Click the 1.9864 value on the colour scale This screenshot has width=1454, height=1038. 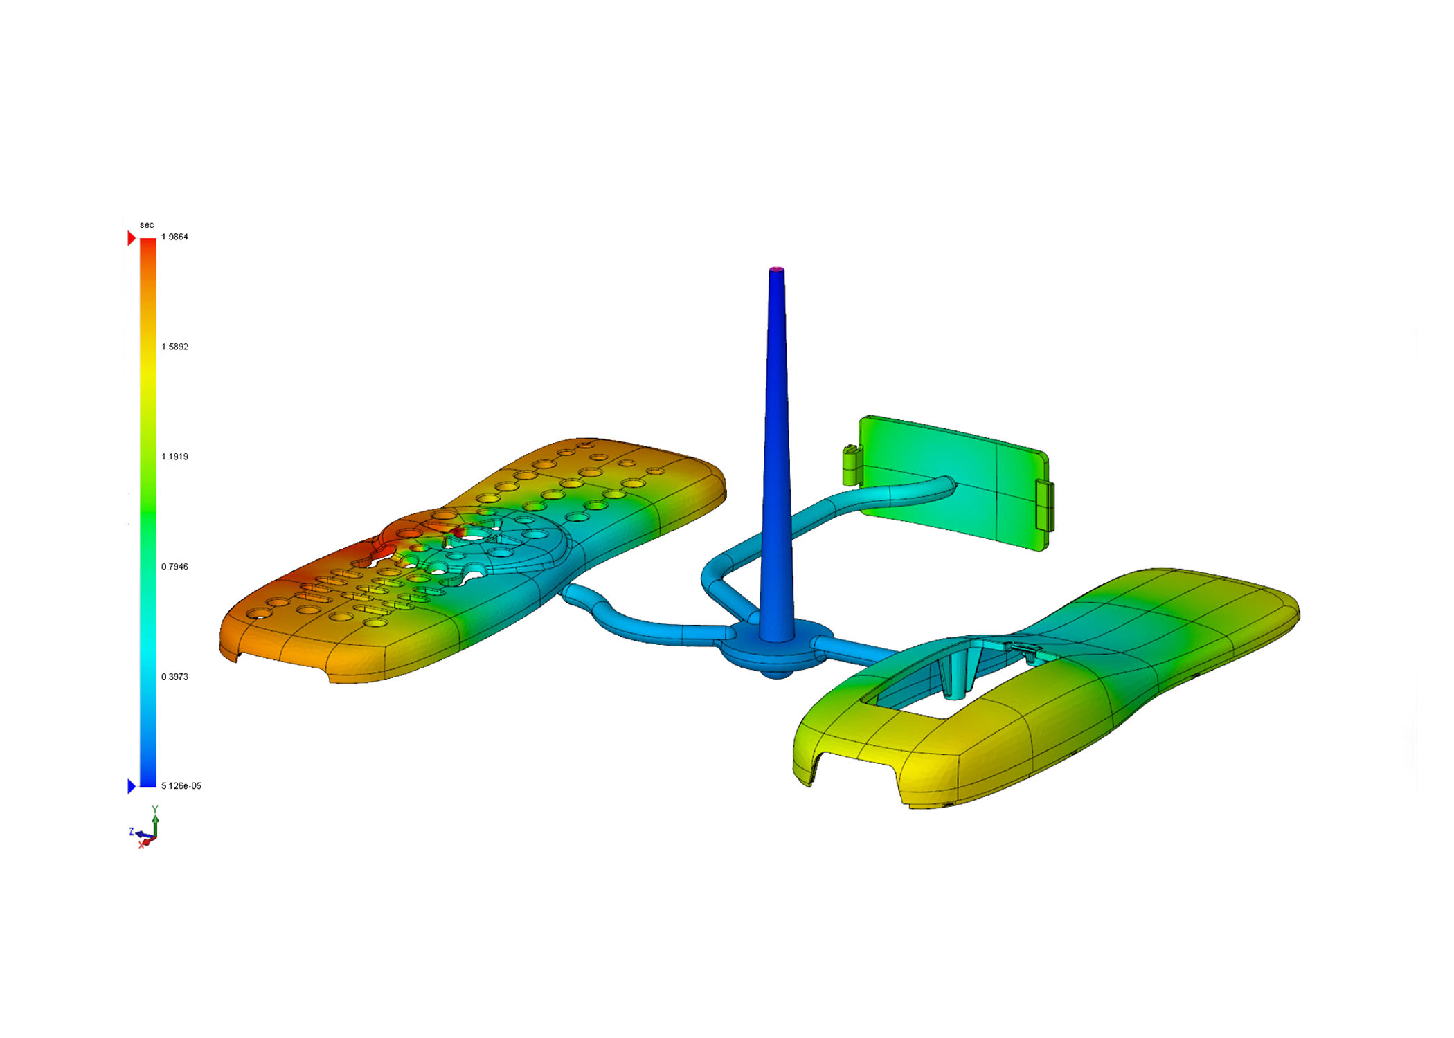tap(174, 237)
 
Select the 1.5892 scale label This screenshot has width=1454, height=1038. tap(174, 347)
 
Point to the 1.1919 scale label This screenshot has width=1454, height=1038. tap(174, 457)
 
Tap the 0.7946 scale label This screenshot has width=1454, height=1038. tap(174, 567)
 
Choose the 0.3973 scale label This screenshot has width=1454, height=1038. tap(174, 677)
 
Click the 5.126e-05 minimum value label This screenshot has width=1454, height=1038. tap(181, 786)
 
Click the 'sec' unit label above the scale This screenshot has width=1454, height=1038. tap(147, 225)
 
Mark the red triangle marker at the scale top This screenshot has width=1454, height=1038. tap(132, 238)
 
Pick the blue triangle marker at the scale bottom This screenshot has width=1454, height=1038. tap(132, 786)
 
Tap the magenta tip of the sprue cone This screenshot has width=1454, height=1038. tap(777, 269)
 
